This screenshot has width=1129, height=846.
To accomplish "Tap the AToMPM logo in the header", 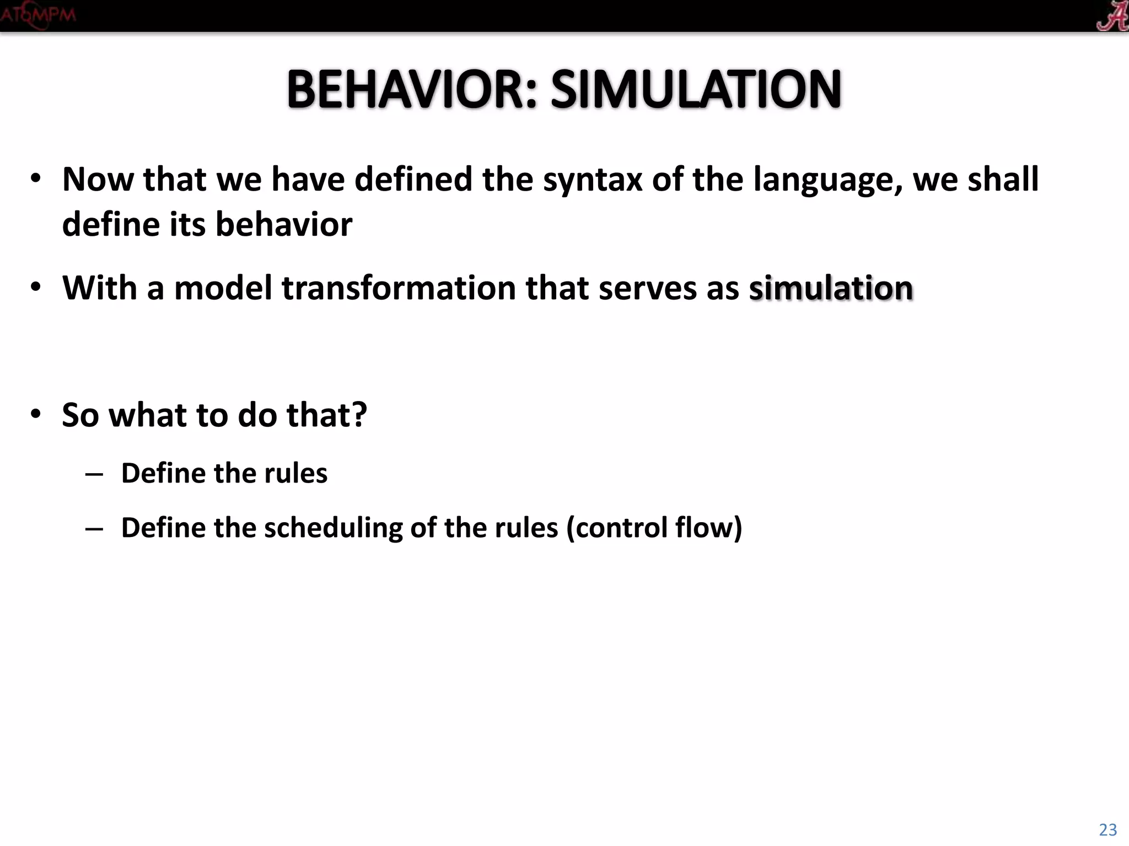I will pyautogui.click(x=37, y=15).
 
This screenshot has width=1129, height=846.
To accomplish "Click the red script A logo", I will pyautogui.click(x=1111, y=15).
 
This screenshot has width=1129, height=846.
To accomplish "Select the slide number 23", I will pyautogui.click(x=1108, y=829).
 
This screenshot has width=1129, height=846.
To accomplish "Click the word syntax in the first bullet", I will pyautogui.click(x=593, y=180).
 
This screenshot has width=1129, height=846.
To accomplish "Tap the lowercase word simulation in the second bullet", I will pyautogui.click(x=831, y=288).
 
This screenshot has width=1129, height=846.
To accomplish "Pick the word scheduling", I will pyautogui.click(x=333, y=528).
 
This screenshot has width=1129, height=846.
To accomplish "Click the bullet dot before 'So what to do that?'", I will pyautogui.click(x=36, y=414).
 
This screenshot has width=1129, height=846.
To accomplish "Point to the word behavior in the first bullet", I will pyautogui.click(x=283, y=225).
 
